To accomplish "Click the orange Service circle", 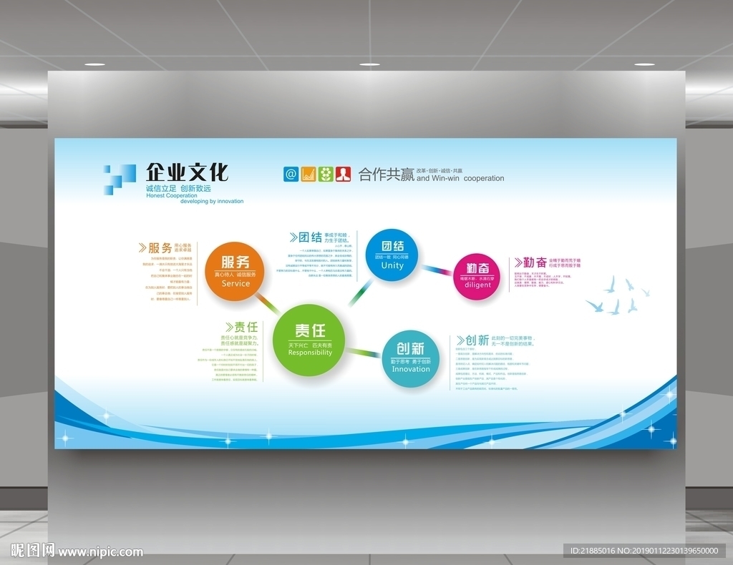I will (235, 271).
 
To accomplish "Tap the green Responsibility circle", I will (309, 339).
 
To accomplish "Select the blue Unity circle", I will (392, 254).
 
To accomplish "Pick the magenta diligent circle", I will (477, 276).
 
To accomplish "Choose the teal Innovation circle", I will (410, 358).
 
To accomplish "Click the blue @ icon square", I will (291, 174).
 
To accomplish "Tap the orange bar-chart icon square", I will (309, 174).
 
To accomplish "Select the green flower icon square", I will (326, 174).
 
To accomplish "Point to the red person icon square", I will (344, 174).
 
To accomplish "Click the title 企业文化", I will (188, 172).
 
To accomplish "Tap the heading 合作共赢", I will (386, 175).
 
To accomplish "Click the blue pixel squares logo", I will (120, 180).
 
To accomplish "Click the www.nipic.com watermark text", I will (100, 551).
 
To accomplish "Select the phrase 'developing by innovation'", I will (212, 202).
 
